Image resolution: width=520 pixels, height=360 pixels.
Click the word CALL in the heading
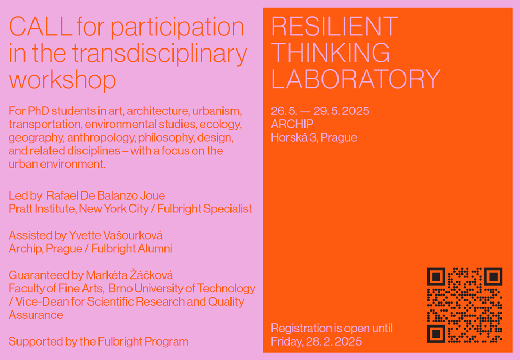[x=40, y=27]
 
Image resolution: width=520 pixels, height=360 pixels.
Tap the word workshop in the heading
[x=62, y=80]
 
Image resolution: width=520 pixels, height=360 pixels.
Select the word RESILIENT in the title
[x=334, y=26]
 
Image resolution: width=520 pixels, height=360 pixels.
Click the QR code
[x=465, y=305]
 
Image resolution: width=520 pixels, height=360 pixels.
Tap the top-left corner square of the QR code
[x=436, y=277]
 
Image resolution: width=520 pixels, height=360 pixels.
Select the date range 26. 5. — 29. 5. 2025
[x=320, y=111]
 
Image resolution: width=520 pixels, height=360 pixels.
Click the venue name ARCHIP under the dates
[x=292, y=124]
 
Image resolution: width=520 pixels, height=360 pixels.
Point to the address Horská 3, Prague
[x=313, y=137]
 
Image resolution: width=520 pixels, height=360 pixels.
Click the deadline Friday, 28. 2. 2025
[x=316, y=341]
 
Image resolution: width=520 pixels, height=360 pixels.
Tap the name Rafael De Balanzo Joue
[x=106, y=195]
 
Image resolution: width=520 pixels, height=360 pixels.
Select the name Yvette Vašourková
[x=115, y=235]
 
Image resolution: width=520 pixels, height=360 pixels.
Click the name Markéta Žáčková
[x=129, y=275]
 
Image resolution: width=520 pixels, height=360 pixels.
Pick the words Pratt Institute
[x=42, y=209]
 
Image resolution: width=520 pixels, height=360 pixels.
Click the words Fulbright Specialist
[x=204, y=209]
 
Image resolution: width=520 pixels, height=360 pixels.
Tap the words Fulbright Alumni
[x=131, y=249]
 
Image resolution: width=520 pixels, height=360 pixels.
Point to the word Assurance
[x=36, y=315]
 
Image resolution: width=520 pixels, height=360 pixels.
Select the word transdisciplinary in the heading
[x=160, y=53]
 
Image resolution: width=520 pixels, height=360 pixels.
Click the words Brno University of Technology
[x=181, y=288]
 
